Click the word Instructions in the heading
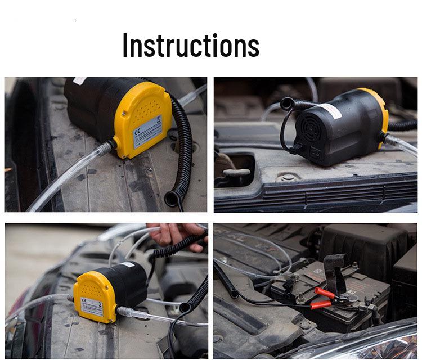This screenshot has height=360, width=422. point(191,46)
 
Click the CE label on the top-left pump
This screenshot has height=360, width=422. point(147,133)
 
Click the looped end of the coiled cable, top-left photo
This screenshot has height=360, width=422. point(171,197)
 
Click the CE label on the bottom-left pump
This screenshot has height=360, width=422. point(92,306)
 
